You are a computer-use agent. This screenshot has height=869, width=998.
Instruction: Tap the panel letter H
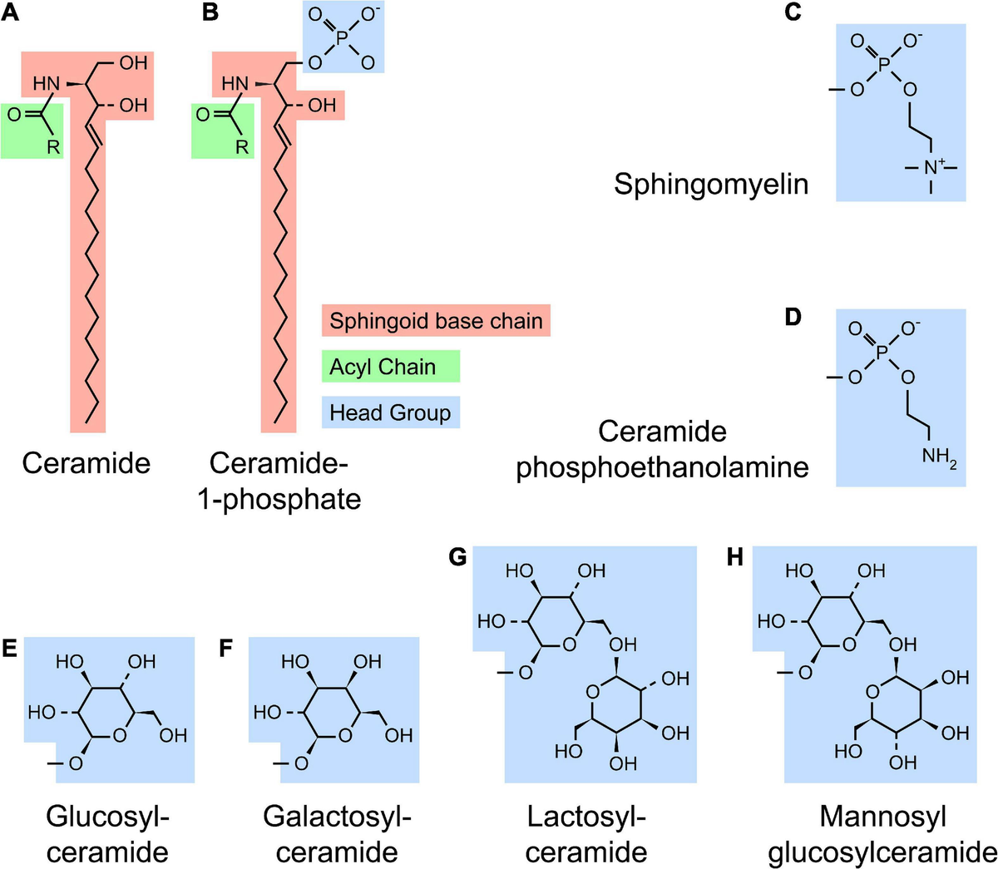click(x=734, y=557)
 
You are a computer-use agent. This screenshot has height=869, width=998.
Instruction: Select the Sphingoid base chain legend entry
click(x=436, y=321)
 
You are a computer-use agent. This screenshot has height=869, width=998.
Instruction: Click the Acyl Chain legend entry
click(x=383, y=367)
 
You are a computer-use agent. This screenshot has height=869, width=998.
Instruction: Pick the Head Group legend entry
click(x=390, y=412)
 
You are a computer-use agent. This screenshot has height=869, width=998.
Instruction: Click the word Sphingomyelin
click(x=711, y=183)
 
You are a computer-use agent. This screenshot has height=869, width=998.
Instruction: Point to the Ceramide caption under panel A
click(x=86, y=462)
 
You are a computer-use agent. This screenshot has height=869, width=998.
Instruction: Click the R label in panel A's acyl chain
click(x=52, y=147)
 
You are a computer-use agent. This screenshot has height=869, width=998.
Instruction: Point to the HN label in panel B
click(x=235, y=84)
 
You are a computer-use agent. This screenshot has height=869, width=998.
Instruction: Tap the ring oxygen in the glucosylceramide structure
click(x=120, y=735)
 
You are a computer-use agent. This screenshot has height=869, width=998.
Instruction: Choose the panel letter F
click(x=225, y=648)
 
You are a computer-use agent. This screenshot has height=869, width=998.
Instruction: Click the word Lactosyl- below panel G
click(x=586, y=816)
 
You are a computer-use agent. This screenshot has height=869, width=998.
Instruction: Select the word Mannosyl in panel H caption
click(x=882, y=816)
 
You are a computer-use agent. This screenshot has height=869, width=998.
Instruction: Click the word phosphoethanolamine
click(x=662, y=467)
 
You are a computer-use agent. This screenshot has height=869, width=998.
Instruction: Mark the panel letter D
click(x=793, y=318)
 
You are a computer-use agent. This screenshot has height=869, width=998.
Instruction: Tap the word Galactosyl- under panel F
click(x=337, y=816)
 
